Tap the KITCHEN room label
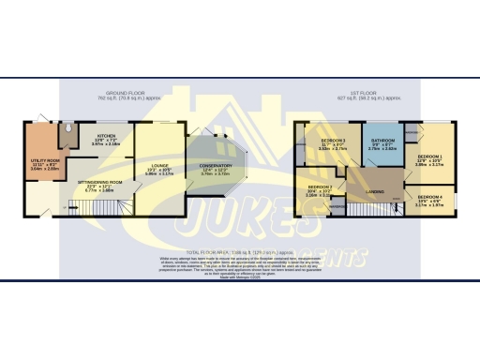[104, 135]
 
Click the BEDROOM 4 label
[431, 196]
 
